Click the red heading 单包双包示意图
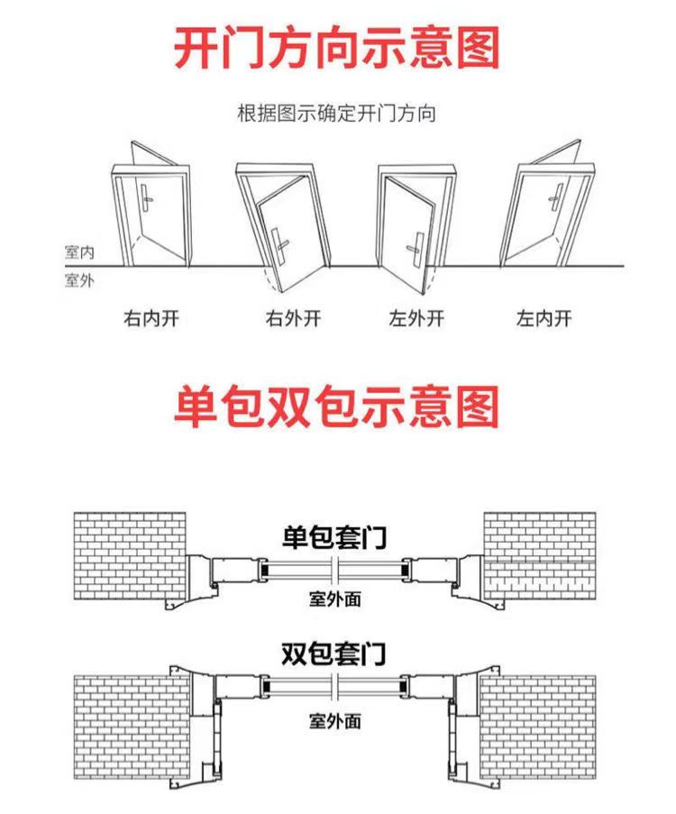[x=336, y=406]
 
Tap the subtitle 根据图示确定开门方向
[x=336, y=113]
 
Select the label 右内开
[x=151, y=317]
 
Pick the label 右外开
[x=293, y=317]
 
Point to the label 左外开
[x=416, y=317]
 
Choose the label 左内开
[x=544, y=317]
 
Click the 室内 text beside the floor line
[x=79, y=252]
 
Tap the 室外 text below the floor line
[x=79, y=280]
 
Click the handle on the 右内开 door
[x=147, y=197]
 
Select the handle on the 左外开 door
[x=416, y=249]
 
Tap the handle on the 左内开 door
[x=556, y=197]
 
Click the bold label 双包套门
[x=333, y=654]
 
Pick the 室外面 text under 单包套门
[x=335, y=599]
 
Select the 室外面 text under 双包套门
[x=335, y=720]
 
